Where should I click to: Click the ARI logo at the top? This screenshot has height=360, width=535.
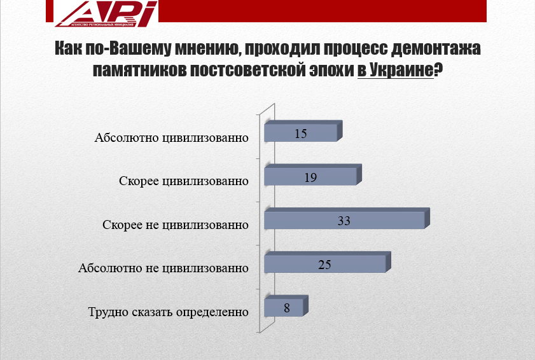click(x=106, y=13)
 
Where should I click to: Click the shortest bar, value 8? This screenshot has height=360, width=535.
click(x=286, y=306)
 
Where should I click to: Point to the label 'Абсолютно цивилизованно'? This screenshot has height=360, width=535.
click(x=171, y=138)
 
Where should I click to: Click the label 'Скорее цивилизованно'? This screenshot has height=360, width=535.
click(x=184, y=181)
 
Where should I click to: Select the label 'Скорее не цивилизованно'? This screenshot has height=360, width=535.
click(x=176, y=225)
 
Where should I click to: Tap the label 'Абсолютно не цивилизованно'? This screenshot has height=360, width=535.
click(x=163, y=268)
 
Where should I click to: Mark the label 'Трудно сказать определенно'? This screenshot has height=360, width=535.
click(x=168, y=312)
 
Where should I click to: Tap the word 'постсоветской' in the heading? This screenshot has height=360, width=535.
click(x=248, y=70)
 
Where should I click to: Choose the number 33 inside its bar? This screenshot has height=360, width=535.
click(x=344, y=221)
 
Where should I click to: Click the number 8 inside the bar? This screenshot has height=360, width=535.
click(x=287, y=308)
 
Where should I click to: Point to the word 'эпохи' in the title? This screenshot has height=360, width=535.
click(x=331, y=70)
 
